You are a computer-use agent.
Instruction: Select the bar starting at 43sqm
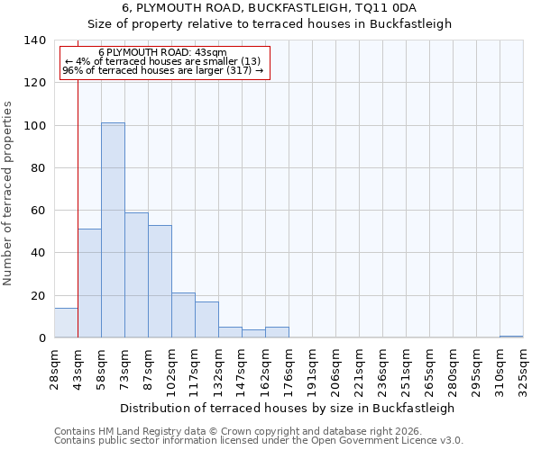(x=89, y=283)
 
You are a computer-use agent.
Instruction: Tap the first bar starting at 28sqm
(x=66, y=323)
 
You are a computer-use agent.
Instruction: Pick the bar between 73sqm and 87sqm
(x=136, y=275)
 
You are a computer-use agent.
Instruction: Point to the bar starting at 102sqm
(x=183, y=315)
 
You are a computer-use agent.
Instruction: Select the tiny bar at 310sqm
(x=511, y=337)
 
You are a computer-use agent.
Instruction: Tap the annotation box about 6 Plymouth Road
(x=164, y=62)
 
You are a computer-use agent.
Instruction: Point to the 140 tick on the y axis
(x=35, y=40)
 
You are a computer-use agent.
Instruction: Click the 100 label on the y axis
(x=35, y=126)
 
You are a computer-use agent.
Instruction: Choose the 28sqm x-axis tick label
(x=54, y=367)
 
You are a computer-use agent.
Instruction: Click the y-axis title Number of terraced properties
(x=8, y=193)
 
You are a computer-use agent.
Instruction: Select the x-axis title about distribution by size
(x=287, y=408)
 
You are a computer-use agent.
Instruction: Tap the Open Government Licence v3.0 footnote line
(x=259, y=441)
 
